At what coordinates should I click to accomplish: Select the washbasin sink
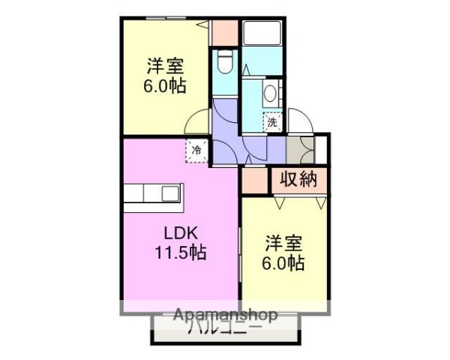[x=271, y=94]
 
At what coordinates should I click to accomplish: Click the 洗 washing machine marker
[x=272, y=121]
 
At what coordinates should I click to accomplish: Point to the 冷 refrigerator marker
[x=197, y=150]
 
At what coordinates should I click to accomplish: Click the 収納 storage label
[x=299, y=180]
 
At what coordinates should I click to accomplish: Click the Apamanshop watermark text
[x=225, y=315]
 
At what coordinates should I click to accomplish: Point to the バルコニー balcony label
[x=224, y=328]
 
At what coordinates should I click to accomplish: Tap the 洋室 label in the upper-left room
[x=165, y=65]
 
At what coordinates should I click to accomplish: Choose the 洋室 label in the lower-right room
[x=283, y=244]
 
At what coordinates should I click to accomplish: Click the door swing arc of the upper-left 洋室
[x=196, y=121]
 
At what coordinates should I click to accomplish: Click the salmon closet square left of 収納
[x=254, y=181]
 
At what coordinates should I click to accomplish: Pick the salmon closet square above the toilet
[x=224, y=31]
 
